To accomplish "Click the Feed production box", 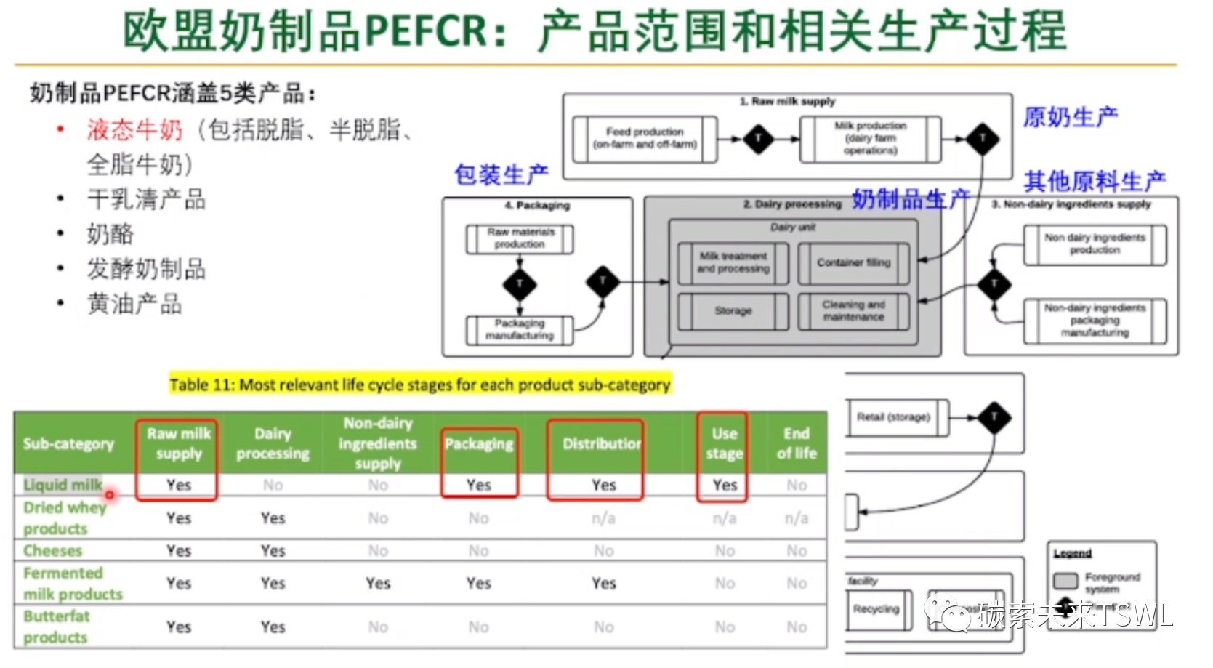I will pos(645,138).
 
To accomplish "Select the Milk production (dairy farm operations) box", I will pos(870,138).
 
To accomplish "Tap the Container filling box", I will pos(853,263).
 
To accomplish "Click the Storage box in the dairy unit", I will pos(733,311).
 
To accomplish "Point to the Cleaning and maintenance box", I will pos(853,311).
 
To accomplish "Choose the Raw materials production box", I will pos(520,238).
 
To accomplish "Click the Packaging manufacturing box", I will pos(520,330).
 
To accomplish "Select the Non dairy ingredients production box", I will pos(1095,244).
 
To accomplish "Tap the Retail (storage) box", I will pos(893,417).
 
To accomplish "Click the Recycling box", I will pos(876,610).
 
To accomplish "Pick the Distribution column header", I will pos(602,443).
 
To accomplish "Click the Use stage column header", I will pos(725,443).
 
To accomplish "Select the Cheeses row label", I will pos(53,551).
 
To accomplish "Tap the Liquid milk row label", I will pos(63,485).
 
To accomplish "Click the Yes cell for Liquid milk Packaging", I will pos(479,485).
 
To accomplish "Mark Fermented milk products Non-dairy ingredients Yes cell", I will pos(378,584).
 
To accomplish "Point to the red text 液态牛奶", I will pos(135,130).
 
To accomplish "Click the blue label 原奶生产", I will pos(1071,116).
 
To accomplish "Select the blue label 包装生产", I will pos(501,174).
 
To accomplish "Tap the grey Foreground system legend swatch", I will pos(1065,581).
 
